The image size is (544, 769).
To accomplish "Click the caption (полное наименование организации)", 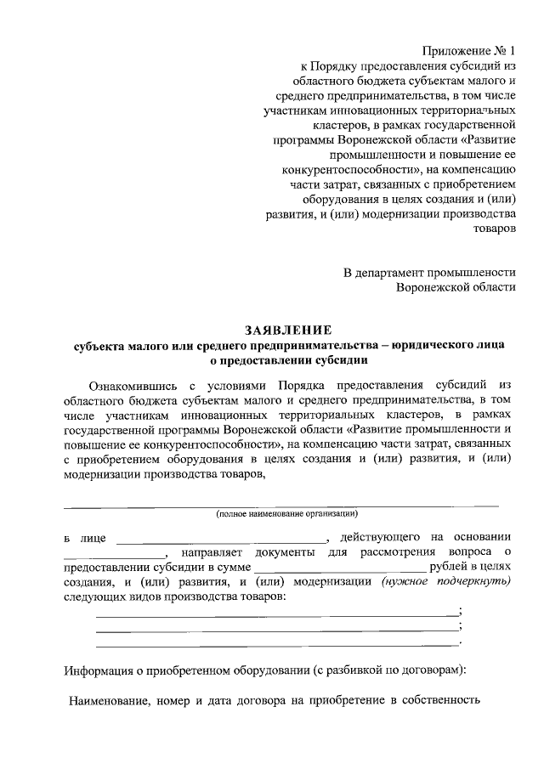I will point(287,514).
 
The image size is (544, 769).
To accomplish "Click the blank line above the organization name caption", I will point(281,505).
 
